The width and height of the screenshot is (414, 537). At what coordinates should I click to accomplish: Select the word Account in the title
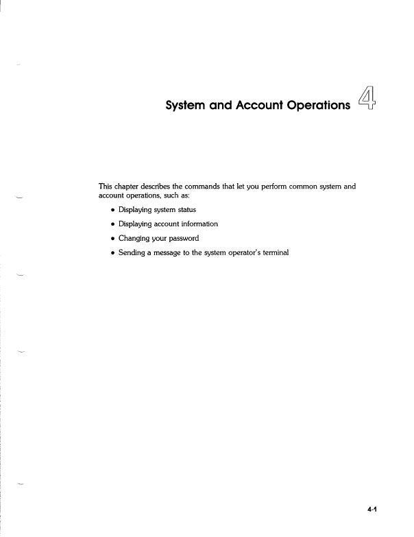(239, 107)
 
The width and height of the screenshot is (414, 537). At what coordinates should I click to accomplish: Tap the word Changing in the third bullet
(134, 238)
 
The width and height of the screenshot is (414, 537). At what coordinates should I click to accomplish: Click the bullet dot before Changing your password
(112, 239)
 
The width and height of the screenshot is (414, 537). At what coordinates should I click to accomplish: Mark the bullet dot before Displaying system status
(112, 210)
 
